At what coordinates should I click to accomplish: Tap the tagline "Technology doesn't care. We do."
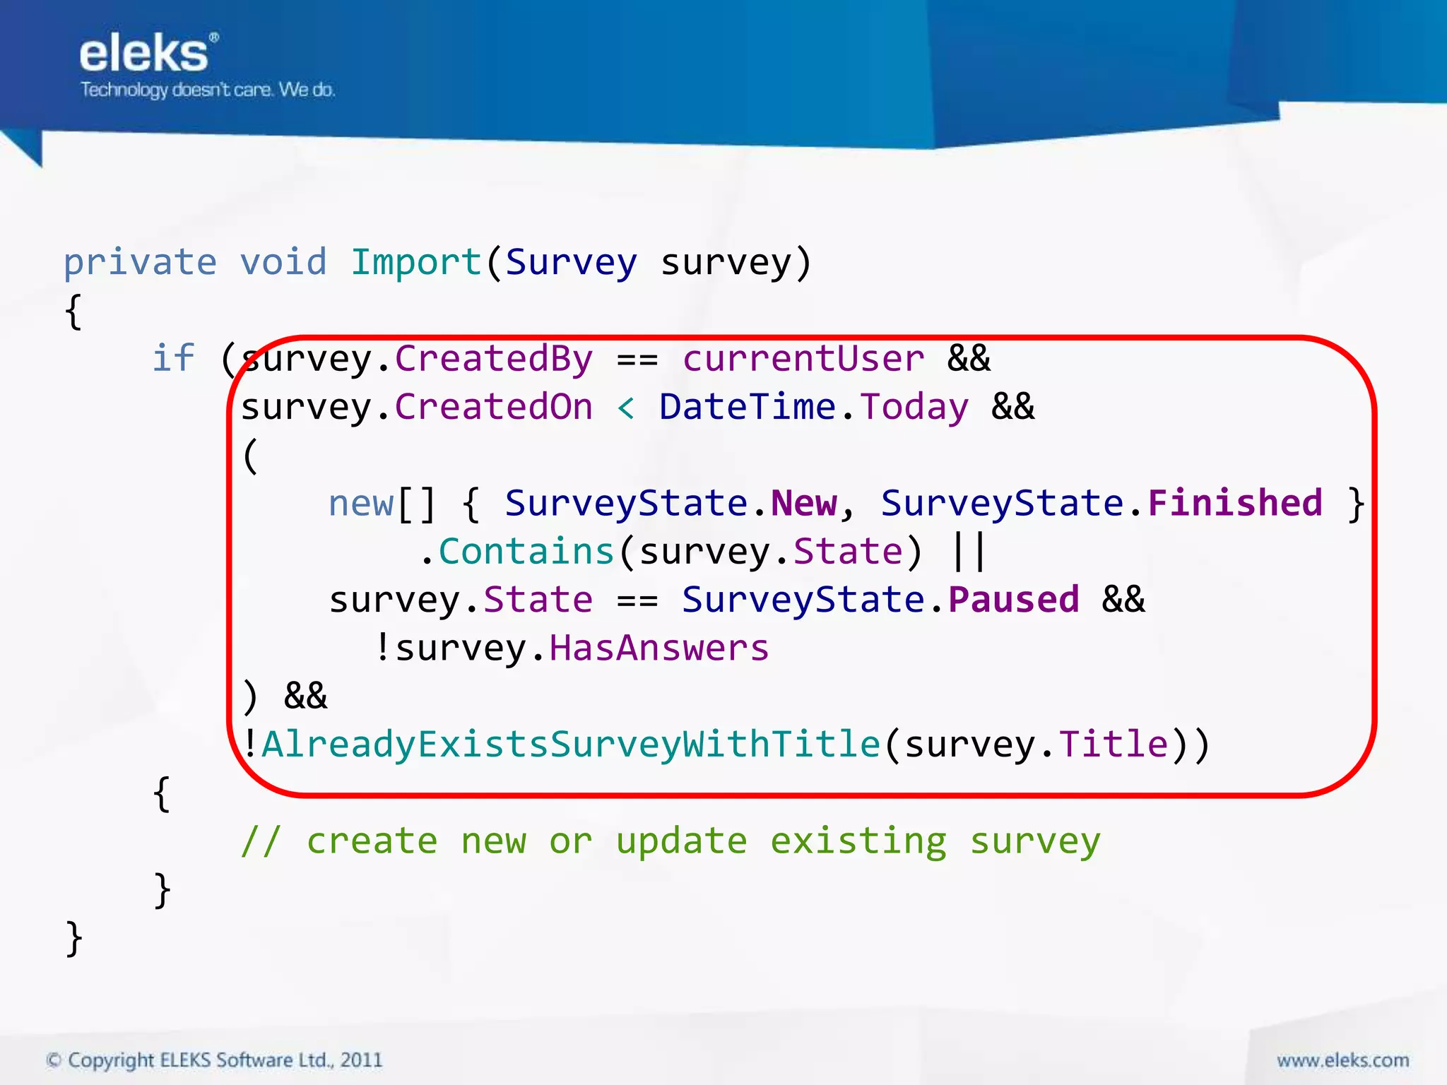tap(208, 90)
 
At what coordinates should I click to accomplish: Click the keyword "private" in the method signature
tap(140, 263)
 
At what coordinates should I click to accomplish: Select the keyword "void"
tap(283, 263)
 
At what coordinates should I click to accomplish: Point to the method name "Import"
tap(416, 263)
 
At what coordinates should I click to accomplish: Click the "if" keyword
tap(174, 359)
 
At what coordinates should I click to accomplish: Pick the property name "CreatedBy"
tap(493, 359)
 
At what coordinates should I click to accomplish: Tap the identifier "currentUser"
tap(803, 359)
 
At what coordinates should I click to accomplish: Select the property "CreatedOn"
tap(493, 408)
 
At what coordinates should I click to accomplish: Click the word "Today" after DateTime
tap(914, 408)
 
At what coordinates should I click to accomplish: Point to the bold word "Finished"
tap(1235, 504)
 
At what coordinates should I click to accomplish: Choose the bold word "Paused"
tap(1014, 600)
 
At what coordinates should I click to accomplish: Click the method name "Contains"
tap(526, 552)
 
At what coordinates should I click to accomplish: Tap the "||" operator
tap(969, 552)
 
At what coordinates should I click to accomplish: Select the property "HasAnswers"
tap(658, 648)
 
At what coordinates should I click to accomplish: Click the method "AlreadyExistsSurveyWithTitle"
tap(571, 745)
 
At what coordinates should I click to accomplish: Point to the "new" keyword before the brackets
tap(361, 504)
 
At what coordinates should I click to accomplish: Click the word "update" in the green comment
tap(681, 841)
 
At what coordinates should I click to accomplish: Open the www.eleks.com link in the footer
tap(1342, 1060)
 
